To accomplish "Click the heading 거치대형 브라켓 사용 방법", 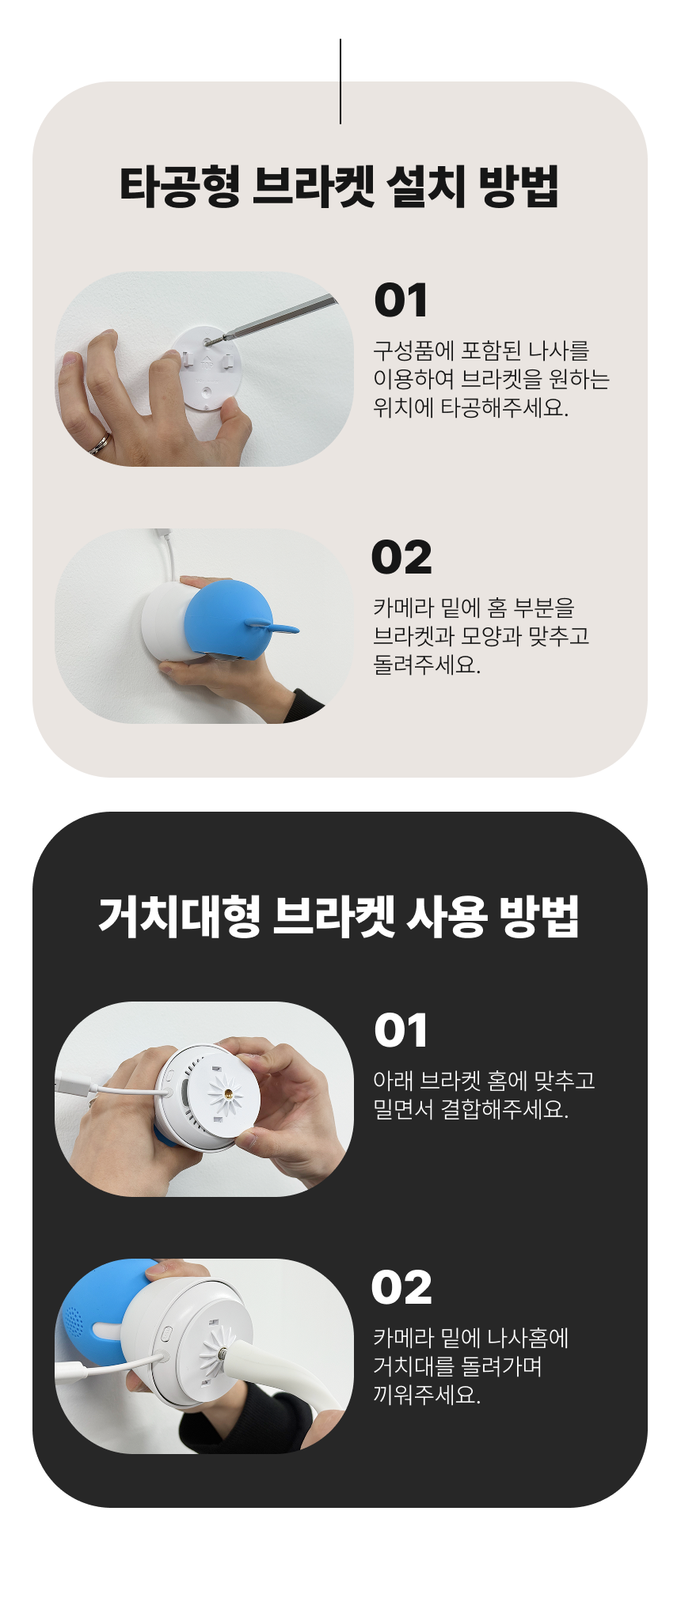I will click(x=340, y=917).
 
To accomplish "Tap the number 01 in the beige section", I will click(x=401, y=301).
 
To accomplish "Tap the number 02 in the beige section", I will click(x=401, y=558).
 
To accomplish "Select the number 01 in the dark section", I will click(x=401, y=1031).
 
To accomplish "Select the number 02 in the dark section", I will click(x=401, y=1288).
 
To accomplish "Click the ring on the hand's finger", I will click(x=101, y=444).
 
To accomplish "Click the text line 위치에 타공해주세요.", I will click(x=470, y=408).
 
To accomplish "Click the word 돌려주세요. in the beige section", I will click(x=427, y=665).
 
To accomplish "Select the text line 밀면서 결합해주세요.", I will click(x=470, y=1109).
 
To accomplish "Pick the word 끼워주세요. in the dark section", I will click(x=427, y=1395).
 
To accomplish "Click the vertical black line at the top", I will click(x=340, y=81).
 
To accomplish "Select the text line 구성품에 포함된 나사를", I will click(x=481, y=350).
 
